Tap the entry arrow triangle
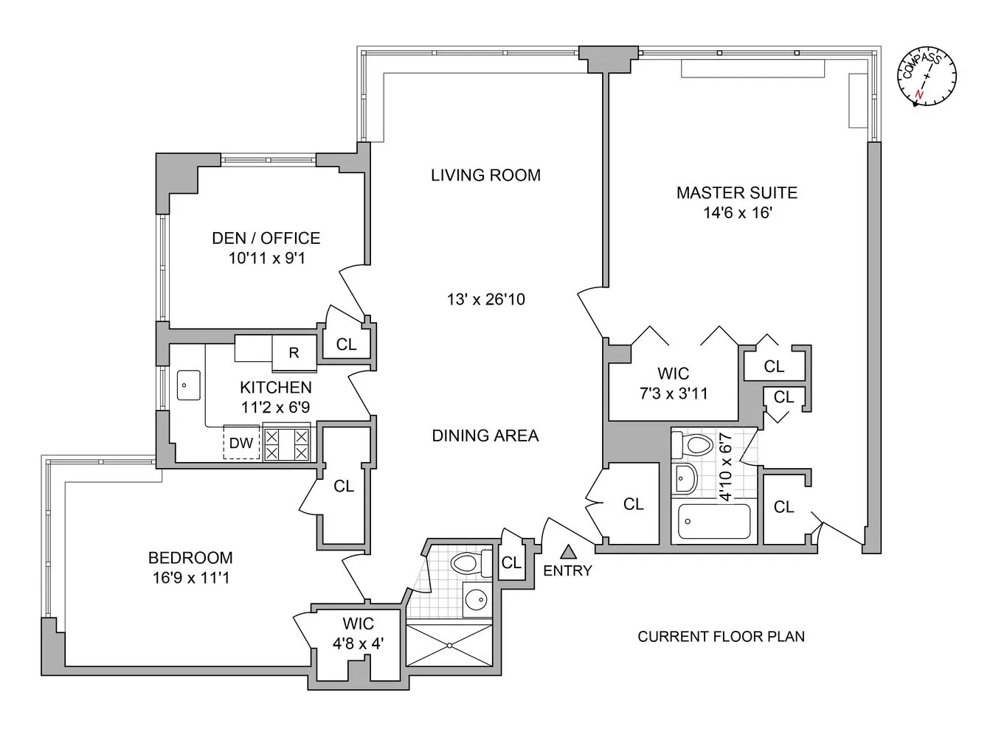[x=568, y=551]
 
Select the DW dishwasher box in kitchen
[x=241, y=443]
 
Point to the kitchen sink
[x=185, y=384]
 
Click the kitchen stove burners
[x=286, y=444]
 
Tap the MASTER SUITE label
[x=736, y=193]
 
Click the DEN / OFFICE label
[x=266, y=238]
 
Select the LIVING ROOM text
[x=485, y=175]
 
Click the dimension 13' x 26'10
[x=485, y=299]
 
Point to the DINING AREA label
[x=485, y=436]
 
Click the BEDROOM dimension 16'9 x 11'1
[x=191, y=578]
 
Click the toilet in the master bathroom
[x=692, y=445]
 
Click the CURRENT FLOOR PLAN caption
[x=721, y=636]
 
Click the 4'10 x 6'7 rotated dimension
[x=726, y=467]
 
